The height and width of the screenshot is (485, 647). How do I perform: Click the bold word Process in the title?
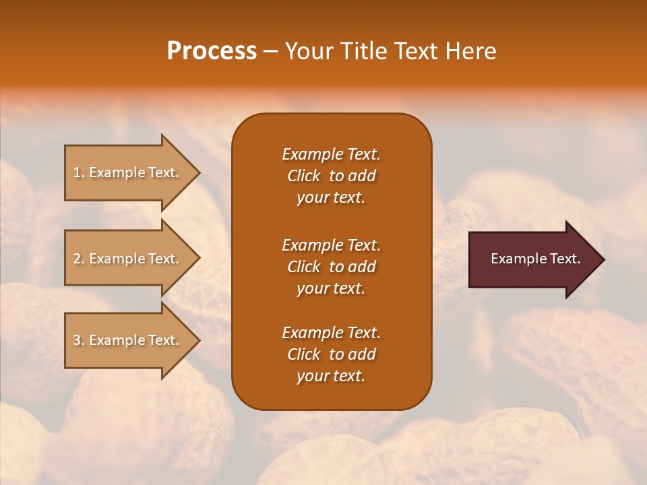(212, 51)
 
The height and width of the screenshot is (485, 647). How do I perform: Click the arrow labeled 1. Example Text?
(128, 172)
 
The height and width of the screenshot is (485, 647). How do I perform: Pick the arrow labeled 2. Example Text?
(128, 259)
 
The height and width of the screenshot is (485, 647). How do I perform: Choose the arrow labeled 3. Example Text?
(128, 340)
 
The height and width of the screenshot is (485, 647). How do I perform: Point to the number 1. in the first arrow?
(79, 172)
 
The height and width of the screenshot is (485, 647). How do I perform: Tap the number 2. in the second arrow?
(79, 259)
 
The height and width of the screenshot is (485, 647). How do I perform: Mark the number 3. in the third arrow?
(79, 340)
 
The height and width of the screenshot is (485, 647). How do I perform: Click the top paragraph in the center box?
(331, 176)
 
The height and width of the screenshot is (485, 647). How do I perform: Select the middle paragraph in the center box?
(331, 267)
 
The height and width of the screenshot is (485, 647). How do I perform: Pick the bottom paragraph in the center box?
(331, 354)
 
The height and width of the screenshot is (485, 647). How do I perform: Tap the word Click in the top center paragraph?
(304, 176)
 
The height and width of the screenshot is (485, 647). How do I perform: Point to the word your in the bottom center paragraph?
(312, 377)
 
